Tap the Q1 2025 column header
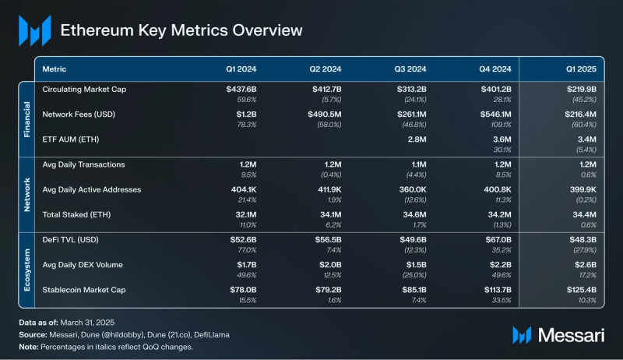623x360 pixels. coord(580,69)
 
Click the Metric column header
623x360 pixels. coord(54,69)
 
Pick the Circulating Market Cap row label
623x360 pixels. coord(84,90)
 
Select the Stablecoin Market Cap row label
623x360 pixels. coord(84,289)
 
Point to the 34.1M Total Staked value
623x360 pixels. coord(328,214)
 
